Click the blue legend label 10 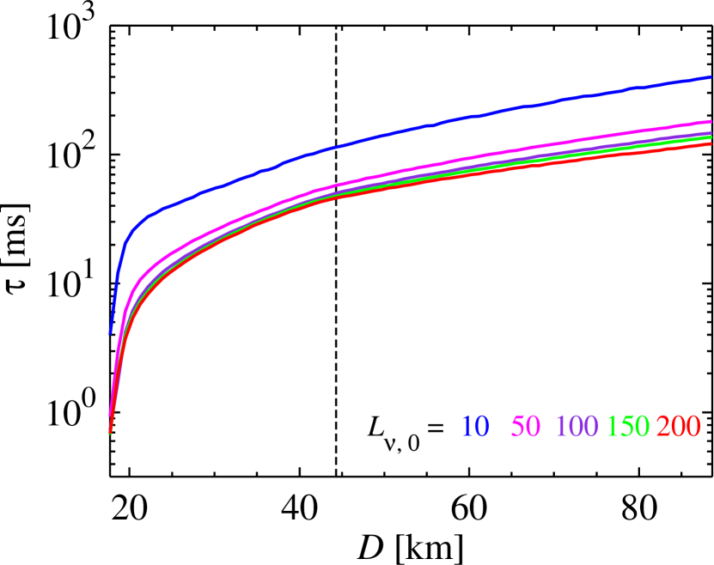[475, 426]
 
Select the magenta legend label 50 [526, 426]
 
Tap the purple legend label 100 [577, 426]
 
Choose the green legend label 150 [628, 426]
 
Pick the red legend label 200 [679, 426]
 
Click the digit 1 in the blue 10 [467, 426]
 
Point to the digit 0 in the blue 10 [482, 426]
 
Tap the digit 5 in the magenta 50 [518, 426]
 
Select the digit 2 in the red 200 [664, 426]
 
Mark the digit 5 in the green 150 [628, 426]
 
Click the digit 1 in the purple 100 [561, 426]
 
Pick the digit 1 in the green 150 [613, 426]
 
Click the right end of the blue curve [711, 77]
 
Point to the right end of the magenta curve [711, 122]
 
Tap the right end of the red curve [711, 143]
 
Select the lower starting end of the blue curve [110, 333]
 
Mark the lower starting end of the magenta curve [110, 415]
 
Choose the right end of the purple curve [711, 133]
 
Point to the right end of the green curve [711, 137]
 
